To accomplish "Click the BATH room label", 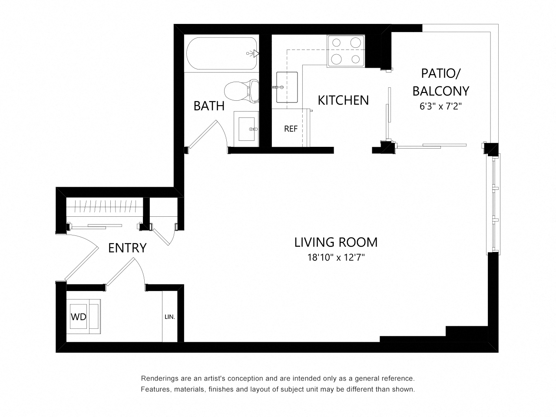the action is pyautogui.click(x=209, y=106).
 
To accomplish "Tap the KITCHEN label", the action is pyautogui.click(x=343, y=100).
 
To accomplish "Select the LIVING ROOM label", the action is pyautogui.click(x=336, y=242).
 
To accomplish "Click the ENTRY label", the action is pyautogui.click(x=127, y=248).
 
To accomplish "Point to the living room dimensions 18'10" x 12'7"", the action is pyautogui.click(x=336, y=258).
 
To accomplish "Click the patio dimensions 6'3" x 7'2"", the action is pyautogui.click(x=441, y=106).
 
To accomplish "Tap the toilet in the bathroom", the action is pyautogui.click(x=242, y=90).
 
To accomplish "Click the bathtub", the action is pyautogui.click(x=222, y=53).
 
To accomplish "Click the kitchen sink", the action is pyautogui.click(x=287, y=87).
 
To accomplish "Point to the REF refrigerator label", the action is pyautogui.click(x=291, y=129).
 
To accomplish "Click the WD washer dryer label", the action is pyautogui.click(x=79, y=317).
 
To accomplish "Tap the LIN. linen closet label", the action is pyautogui.click(x=170, y=317).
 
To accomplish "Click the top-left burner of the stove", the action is pyautogui.click(x=336, y=43).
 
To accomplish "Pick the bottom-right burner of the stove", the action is pyautogui.click(x=356, y=59).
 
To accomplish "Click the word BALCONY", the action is pyautogui.click(x=441, y=91).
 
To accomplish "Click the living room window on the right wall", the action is pyautogui.click(x=493, y=204).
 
